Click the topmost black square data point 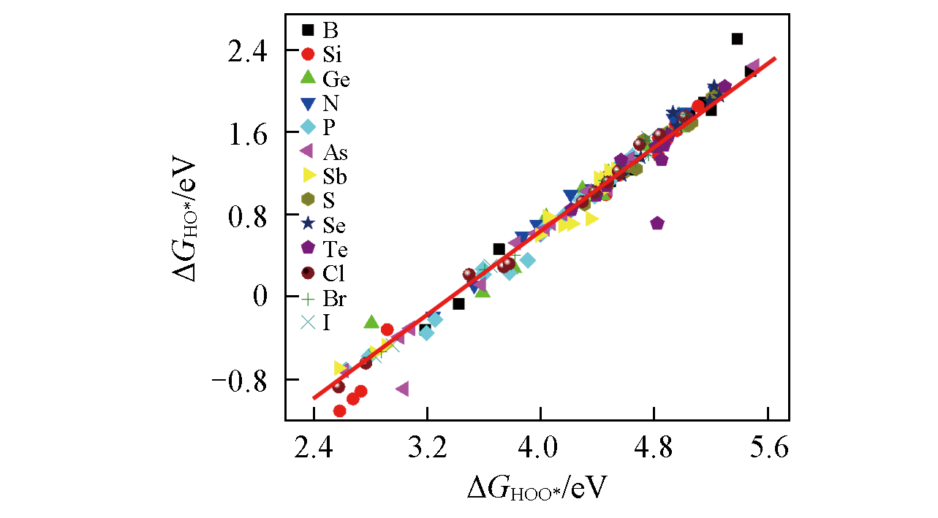pos(737,39)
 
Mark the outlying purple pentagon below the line pos(657,223)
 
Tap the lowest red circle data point pos(339,411)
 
